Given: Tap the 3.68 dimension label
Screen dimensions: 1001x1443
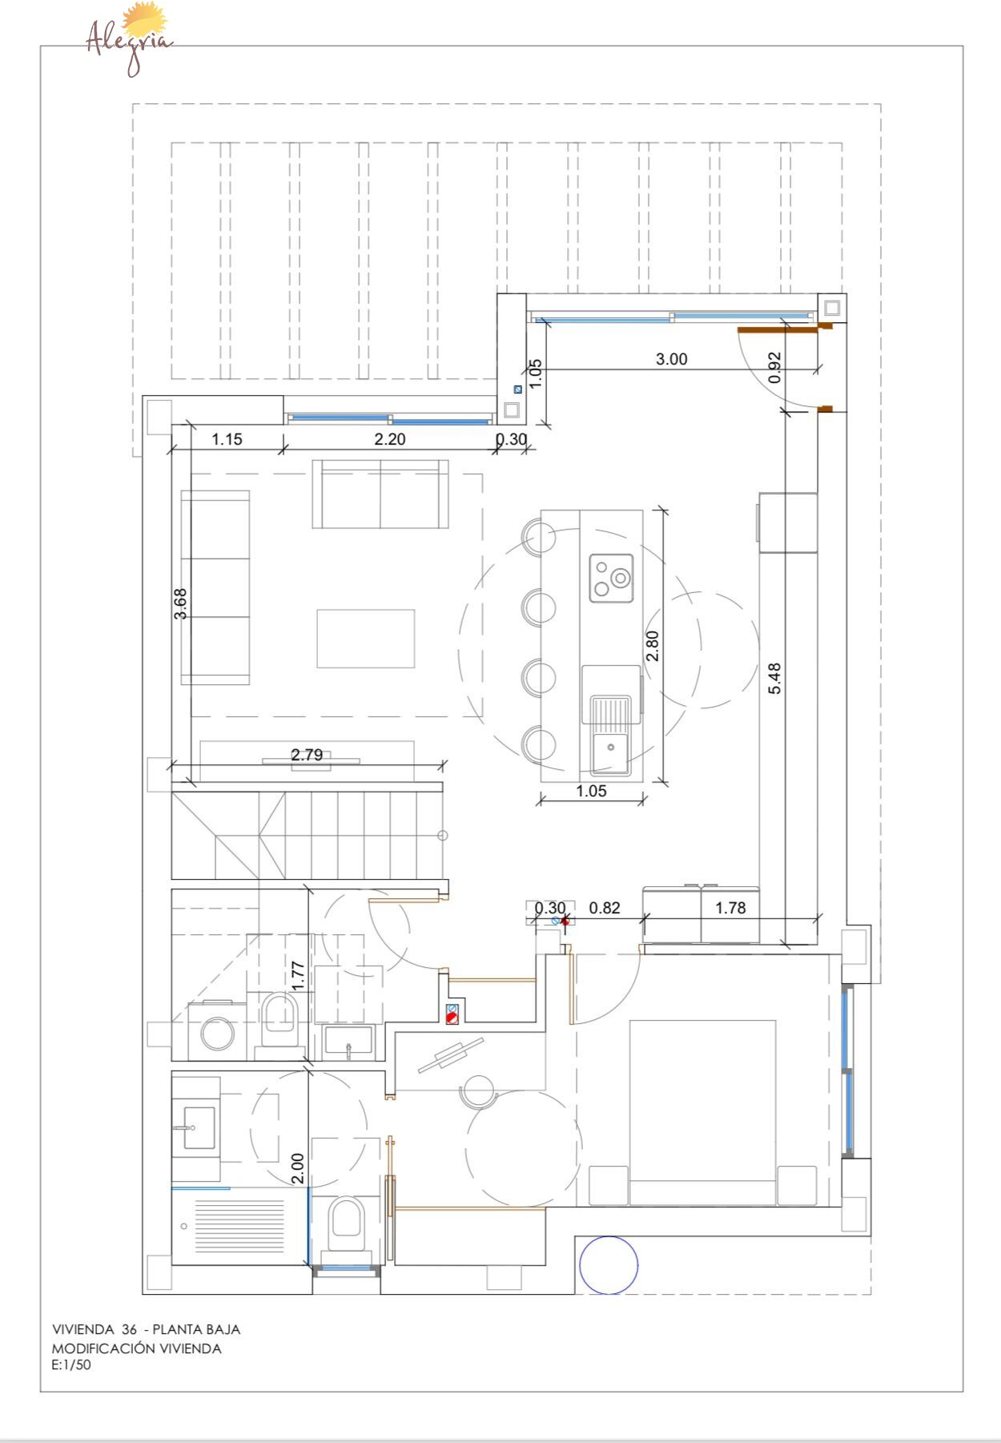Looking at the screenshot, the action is coord(181,604).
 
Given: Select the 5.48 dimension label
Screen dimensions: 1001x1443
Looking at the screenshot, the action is coord(774,678).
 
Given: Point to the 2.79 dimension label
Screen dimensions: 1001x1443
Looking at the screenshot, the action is coord(307,755).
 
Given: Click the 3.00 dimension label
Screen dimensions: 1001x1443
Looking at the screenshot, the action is coord(671,359).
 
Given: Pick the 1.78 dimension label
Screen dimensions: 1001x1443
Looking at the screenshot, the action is coord(730,908).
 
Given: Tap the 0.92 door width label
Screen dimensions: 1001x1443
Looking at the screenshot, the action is coord(774,368).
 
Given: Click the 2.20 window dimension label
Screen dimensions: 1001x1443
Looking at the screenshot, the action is coord(390,439).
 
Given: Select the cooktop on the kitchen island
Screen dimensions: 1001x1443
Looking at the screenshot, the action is coord(611,578).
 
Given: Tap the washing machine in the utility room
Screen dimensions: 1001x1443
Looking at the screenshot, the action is coord(217,1031).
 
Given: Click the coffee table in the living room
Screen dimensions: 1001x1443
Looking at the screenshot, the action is coord(365,639).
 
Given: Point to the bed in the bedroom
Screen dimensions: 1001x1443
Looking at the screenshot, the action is coord(702,1112).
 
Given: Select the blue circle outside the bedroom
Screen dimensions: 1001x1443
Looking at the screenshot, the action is coord(609,1264).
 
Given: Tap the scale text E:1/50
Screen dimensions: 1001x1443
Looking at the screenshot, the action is coord(72,1365).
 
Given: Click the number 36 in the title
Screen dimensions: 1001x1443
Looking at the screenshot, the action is coord(129,1329).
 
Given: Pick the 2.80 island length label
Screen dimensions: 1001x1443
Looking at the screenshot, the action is coord(652,646).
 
